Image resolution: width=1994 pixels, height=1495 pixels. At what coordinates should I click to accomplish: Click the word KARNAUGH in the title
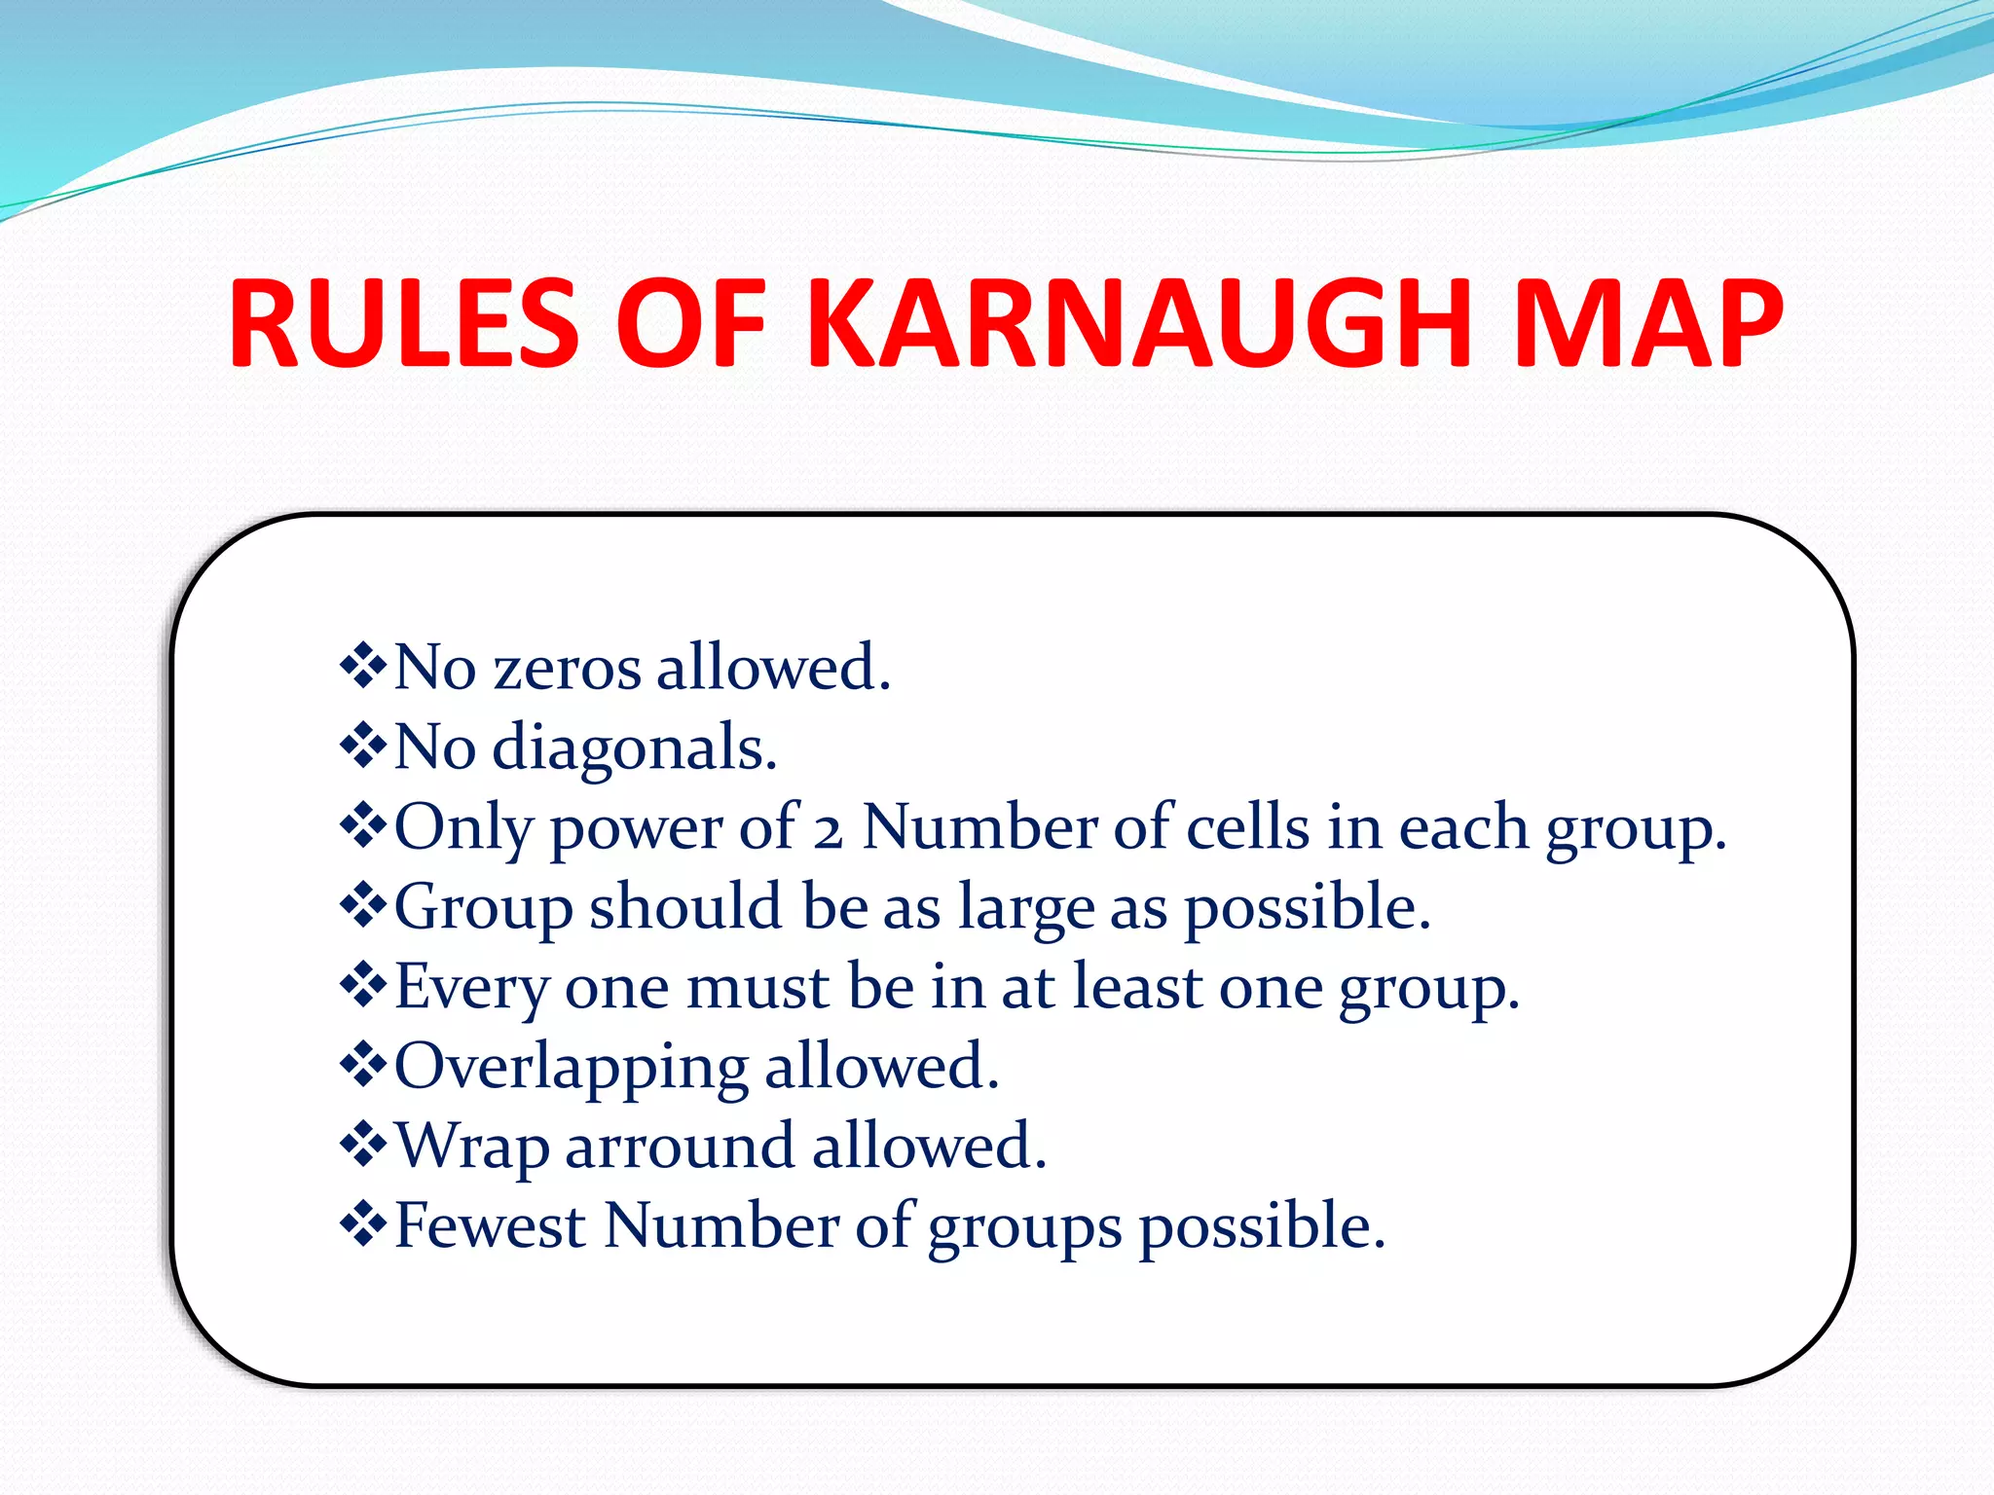[x=1139, y=324]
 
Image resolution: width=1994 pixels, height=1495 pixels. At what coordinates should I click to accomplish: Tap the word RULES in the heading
[x=404, y=324]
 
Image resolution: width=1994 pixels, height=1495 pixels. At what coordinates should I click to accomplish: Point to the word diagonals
[x=634, y=748]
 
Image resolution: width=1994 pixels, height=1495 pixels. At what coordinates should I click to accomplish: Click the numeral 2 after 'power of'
[x=828, y=830]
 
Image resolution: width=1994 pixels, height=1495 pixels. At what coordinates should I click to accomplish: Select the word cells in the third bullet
[x=1248, y=828]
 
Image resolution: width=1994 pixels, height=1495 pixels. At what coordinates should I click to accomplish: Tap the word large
[x=1026, y=908]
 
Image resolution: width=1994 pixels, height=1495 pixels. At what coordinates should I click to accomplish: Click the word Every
[x=471, y=988]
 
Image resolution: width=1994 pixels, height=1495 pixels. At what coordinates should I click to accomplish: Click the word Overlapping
[x=571, y=1068]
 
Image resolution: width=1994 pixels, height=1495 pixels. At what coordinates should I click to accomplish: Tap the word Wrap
[x=471, y=1148]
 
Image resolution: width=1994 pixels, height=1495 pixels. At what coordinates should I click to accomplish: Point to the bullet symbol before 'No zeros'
[x=363, y=667]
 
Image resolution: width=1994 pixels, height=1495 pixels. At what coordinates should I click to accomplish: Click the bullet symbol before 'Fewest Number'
[x=363, y=1225]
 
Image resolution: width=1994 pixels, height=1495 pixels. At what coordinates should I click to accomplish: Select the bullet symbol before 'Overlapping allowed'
[x=363, y=1066]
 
